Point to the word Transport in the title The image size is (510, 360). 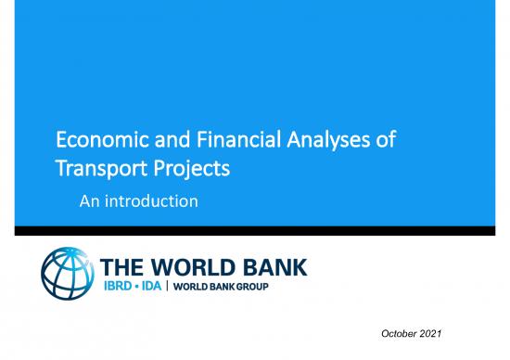pos(94,171)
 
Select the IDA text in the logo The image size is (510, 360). pos(171,292)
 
